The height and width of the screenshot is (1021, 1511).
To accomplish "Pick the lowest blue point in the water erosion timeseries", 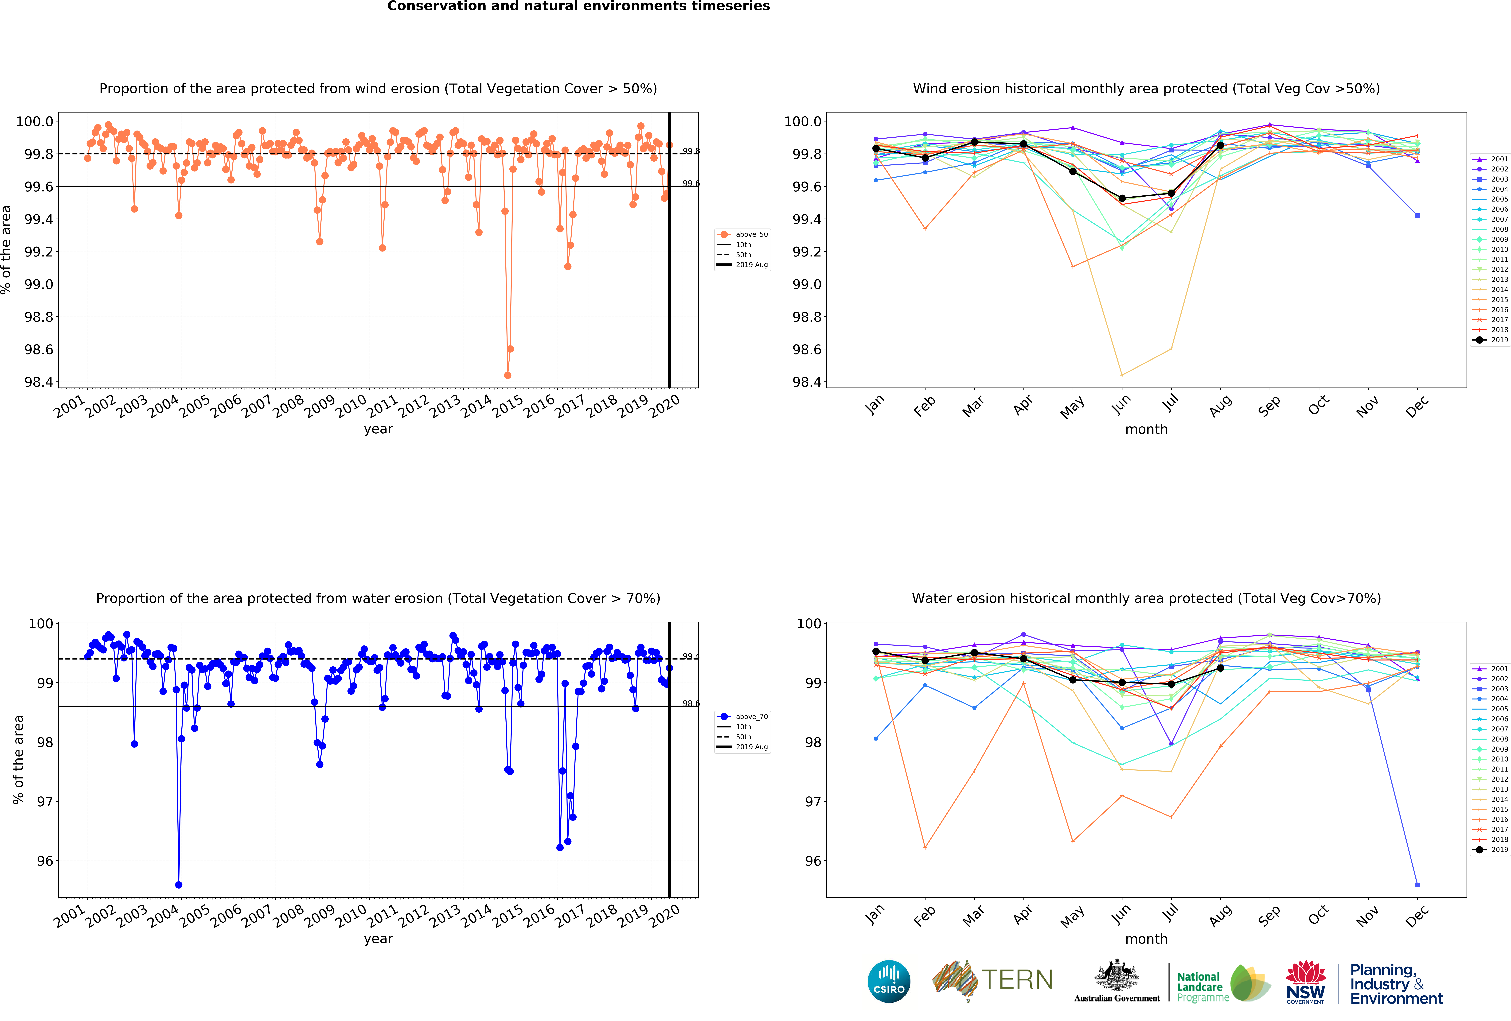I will pos(179,885).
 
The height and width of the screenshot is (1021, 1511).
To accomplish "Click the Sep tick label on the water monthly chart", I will pos(1269,915).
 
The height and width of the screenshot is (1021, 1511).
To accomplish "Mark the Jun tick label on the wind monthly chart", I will pos(1121,405).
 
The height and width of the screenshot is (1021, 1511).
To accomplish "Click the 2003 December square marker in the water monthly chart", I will pos(1417,885).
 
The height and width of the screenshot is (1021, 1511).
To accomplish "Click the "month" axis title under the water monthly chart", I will pos(1146,939).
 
